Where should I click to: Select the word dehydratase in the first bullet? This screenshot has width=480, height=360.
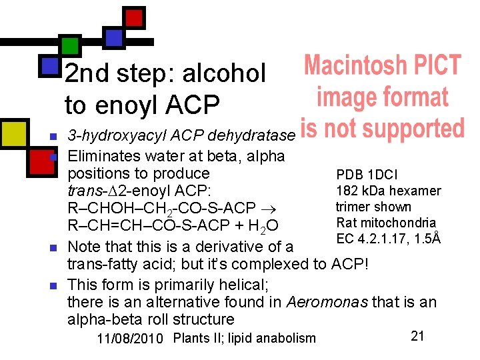pos(251,136)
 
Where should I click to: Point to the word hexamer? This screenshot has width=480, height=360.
pos(415,191)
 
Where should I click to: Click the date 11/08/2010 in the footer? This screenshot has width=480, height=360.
pos(130,338)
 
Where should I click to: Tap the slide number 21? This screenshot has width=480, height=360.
pos(417,336)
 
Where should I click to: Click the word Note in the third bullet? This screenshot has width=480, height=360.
pos(85,247)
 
